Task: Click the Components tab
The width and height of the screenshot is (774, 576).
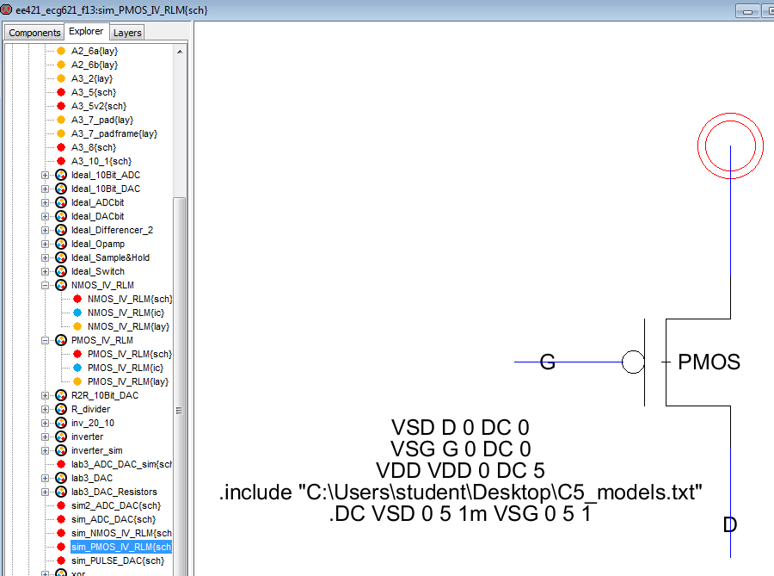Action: pyautogui.click(x=34, y=32)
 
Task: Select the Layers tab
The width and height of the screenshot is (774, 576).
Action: pyautogui.click(x=127, y=32)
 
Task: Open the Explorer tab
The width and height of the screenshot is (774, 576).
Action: pyautogui.click(x=86, y=32)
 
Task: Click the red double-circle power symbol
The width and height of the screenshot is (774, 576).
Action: pyautogui.click(x=729, y=145)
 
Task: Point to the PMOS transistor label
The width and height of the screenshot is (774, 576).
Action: pyautogui.click(x=709, y=362)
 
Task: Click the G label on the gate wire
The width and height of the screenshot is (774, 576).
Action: pyautogui.click(x=547, y=362)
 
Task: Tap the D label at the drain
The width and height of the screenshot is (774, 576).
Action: pyautogui.click(x=729, y=524)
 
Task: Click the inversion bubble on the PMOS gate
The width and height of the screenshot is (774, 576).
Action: pyautogui.click(x=633, y=362)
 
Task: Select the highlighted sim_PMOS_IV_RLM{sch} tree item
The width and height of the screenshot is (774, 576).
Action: pyautogui.click(x=120, y=547)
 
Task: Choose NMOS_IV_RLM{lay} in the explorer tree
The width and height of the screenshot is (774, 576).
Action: pyautogui.click(x=128, y=326)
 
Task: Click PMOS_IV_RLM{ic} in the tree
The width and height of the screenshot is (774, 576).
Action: pyautogui.click(x=126, y=368)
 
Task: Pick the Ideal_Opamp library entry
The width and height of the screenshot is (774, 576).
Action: pyautogui.click(x=97, y=244)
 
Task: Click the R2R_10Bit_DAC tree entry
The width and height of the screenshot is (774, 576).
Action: pyautogui.click(x=104, y=395)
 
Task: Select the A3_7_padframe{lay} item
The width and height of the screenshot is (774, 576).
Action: pyautogui.click(x=114, y=133)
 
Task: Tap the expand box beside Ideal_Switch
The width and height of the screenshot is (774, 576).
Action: pyautogui.click(x=46, y=271)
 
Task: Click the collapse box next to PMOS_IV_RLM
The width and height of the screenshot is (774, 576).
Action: pyautogui.click(x=46, y=340)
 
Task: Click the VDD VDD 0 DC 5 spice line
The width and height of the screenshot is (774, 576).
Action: pyautogui.click(x=460, y=471)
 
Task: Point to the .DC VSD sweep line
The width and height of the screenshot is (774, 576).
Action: pyautogui.click(x=460, y=514)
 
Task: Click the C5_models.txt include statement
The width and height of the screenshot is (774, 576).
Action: pyautogui.click(x=460, y=492)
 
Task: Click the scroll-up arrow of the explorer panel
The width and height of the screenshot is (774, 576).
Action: pyautogui.click(x=180, y=52)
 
